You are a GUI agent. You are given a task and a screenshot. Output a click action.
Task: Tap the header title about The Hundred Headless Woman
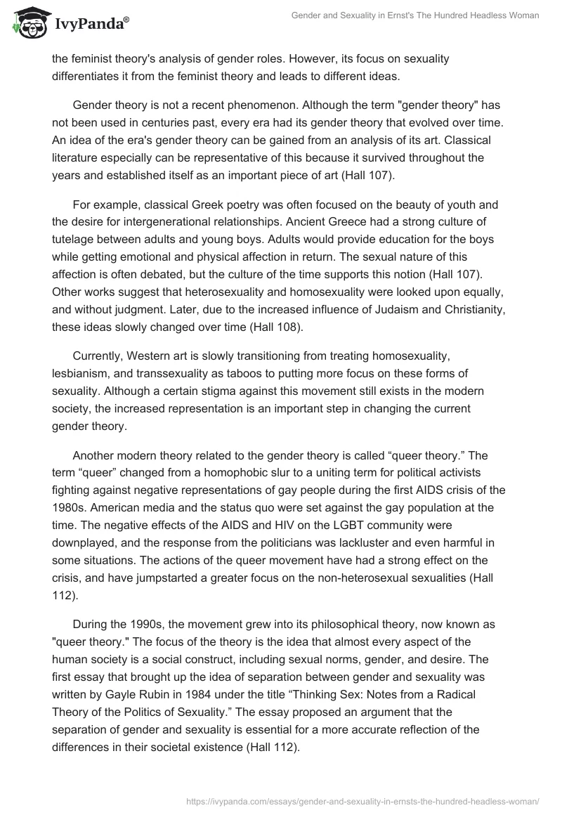(415, 15)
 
